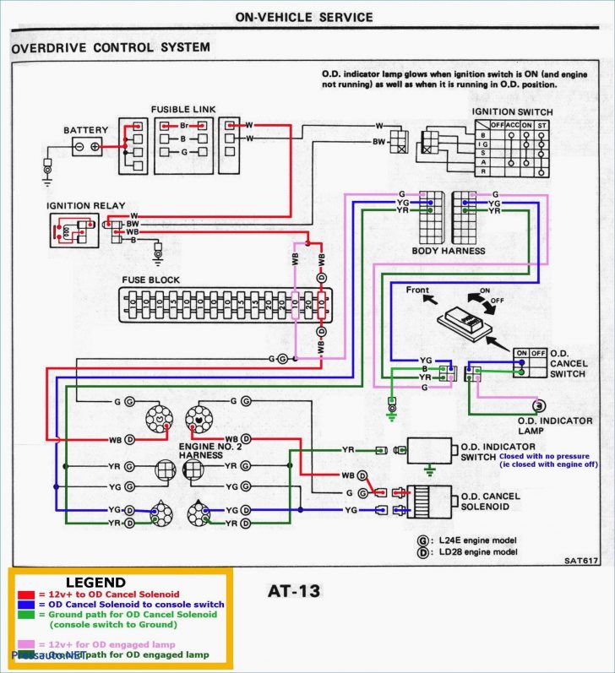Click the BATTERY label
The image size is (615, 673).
pyautogui.click(x=85, y=130)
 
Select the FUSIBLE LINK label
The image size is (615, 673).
pyautogui.click(x=183, y=110)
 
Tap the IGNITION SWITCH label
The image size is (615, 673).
pyautogui.click(x=512, y=112)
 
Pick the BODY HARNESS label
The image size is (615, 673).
pyautogui.click(x=448, y=251)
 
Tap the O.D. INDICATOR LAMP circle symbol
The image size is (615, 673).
pyautogui.click(x=539, y=406)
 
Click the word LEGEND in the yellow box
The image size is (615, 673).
pyautogui.click(x=95, y=583)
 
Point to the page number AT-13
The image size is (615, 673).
pyautogui.click(x=293, y=591)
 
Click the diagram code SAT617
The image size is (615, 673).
pyautogui.click(x=580, y=560)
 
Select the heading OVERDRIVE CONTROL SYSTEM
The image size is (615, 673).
pyautogui.click(x=111, y=48)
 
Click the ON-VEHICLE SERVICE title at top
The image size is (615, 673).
pyautogui.click(x=303, y=17)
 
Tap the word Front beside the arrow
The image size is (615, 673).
pyautogui.click(x=417, y=290)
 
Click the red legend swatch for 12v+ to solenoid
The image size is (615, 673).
pyautogui.click(x=25, y=594)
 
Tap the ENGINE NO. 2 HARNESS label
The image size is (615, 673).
pyautogui.click(x=210, y=450)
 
